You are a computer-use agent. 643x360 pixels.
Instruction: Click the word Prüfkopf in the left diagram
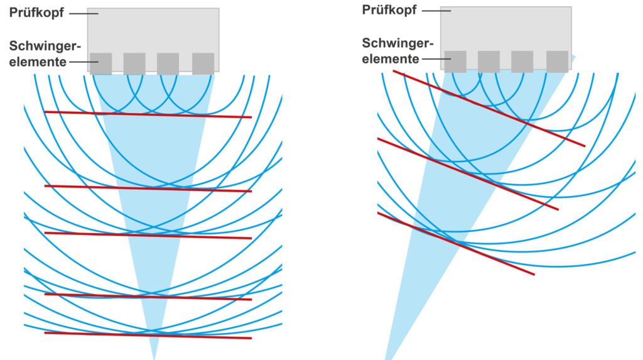(x=36, y=13)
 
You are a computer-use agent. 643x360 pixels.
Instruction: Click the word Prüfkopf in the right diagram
(x=389, y=10)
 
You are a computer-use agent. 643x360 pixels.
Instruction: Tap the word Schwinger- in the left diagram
(x=45, y=46)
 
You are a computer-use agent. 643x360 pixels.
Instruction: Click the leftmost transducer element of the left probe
(x=101, y=63)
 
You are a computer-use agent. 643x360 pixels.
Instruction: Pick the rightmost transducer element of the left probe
(x=203, y=63)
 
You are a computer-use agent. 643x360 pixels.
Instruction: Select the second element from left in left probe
(x=134, y=63)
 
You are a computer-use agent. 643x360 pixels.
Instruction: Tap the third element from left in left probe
(x=168, y=63)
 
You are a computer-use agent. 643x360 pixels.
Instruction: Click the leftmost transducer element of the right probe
(x=455, y=62)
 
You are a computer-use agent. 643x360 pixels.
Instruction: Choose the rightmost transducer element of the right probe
(x=558, y=62)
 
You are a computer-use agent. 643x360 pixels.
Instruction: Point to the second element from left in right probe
(x=489, y=62)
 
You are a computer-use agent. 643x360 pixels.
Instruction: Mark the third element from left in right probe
(x=522, y=62)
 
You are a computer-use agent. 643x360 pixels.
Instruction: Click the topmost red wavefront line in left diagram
(x=148, y=114)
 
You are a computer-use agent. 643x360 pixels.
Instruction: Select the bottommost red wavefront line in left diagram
(x=148, y=335)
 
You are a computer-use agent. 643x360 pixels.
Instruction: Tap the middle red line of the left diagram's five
(x=148, y=236)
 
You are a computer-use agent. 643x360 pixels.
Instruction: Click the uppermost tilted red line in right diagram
(x=489, y=108)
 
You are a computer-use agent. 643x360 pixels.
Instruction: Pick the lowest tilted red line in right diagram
(x=456, y=244)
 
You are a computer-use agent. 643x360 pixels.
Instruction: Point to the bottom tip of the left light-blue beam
(x=154, y=359)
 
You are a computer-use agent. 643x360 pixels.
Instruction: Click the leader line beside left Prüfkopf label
(x=84, y=14)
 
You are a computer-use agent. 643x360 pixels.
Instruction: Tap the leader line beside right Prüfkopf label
(x=436, y=11)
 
